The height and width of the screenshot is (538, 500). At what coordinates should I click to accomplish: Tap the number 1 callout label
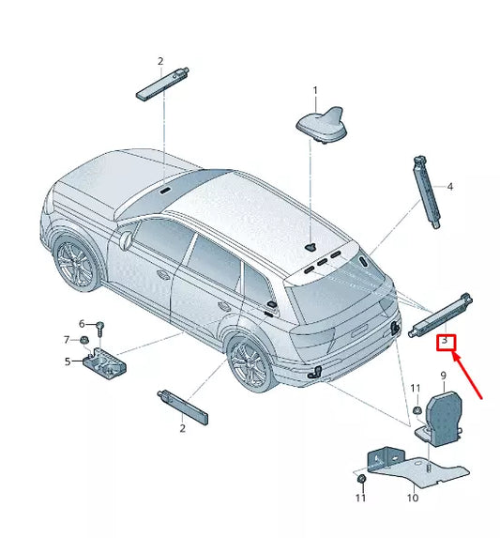click(315, 91)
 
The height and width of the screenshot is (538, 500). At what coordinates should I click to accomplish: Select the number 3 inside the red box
click(447, 344)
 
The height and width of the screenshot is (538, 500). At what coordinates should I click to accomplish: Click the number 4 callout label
click(449, 188)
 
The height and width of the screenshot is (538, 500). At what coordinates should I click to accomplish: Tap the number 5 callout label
click(68, 361)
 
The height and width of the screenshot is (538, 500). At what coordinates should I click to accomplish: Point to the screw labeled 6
click(100, 329)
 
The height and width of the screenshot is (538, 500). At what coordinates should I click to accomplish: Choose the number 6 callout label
click(82, 323)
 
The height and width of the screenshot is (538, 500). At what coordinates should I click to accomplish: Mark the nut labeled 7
click(84, 340)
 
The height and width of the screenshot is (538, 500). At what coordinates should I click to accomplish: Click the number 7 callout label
click(67, 340)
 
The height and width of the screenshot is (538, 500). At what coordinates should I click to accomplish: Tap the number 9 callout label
click(444, 377)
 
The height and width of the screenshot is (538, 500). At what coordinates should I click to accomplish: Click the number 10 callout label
click(413, 498)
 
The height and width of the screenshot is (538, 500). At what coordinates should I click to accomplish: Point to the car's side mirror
click(124, 241)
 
